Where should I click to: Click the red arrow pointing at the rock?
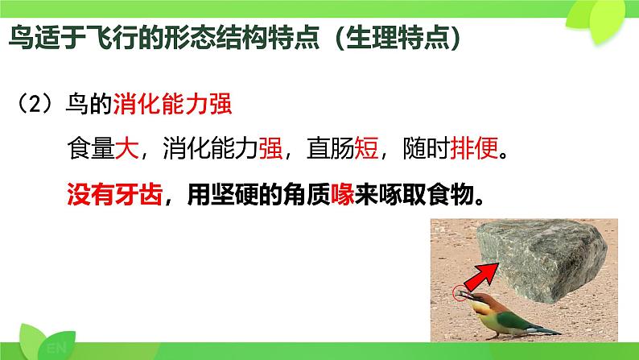tap(482, 276)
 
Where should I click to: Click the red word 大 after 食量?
tap(127, 147)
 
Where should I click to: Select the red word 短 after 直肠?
tap(366, 147)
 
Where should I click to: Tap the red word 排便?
tap(474, 147)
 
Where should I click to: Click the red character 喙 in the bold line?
tap(342, 195)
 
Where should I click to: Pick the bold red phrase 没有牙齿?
tap(114, 195)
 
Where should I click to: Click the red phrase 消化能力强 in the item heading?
tap(172, 104)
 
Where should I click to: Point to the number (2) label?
tap(35, 104)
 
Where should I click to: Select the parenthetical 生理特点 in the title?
tap(398, 37)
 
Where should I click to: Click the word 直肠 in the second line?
tap(331, 147)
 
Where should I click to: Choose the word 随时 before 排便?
tap(427, 147)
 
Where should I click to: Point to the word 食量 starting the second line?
tap(91, 147)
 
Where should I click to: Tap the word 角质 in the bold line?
tap(307, 195)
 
